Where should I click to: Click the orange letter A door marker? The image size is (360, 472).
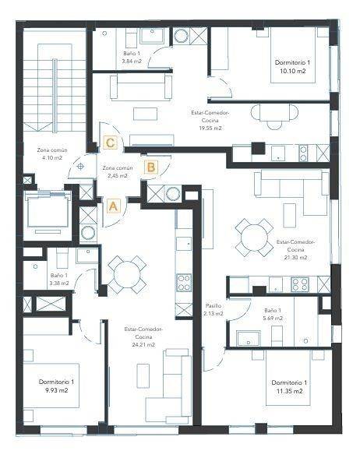pyautogui.click(x=113, y=206)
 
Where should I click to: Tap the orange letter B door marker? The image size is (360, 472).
pyautogui.click(x=151, y=167)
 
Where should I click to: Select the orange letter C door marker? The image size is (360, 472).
pyautogui.click(x=110, y=143)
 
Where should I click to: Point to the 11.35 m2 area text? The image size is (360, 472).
pyautogui.click(x=289, y=391)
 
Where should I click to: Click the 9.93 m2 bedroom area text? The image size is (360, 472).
pyautogui.click(x=56, y=390)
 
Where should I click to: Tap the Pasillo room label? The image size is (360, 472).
pyautogui.click(x=214, y=306)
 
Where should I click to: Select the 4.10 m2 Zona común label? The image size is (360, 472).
pyautogui.click(x=52, y=153)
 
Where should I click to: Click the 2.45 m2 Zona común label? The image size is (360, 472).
pyautogui.click(x=118, y=172)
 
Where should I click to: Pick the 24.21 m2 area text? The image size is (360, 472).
pyautogui.click(x=143, y=345)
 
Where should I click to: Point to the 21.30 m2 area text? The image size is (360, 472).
pyautogui.click(x=295, y=258)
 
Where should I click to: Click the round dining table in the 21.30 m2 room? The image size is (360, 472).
pyautogui.click(x=254, y=238)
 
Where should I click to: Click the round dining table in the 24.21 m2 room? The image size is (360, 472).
pyautogui.click(x=128, y=274)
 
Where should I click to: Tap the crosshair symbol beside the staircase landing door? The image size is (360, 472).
pyautogui.click(x=80, y=166)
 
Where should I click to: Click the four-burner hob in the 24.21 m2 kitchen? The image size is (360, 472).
pyautogui.click(x=184, y=283)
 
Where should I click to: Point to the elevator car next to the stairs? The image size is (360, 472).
pyautogui.click(x=48, y=212)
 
